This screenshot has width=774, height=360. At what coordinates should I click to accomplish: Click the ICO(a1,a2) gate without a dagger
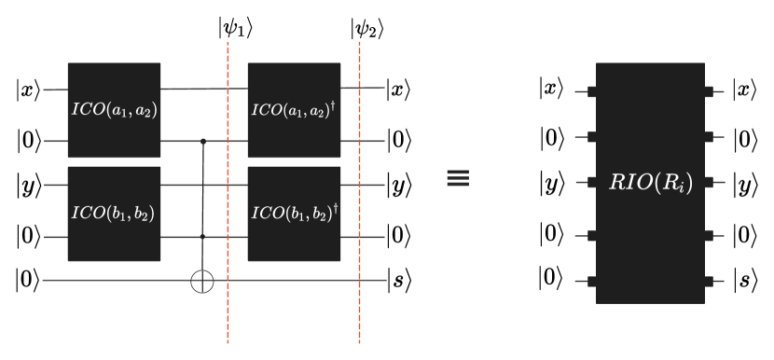pyautogui.click(x=114, y=110)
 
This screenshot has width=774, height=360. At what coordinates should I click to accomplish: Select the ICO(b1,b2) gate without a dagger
pyautogui.click(x=114, y=214)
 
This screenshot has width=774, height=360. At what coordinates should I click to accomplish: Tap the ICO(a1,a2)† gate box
pyautogui.click(x=294, y=110)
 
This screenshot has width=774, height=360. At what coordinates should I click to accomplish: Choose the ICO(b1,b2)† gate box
pyautogui.click(x=294, y=214)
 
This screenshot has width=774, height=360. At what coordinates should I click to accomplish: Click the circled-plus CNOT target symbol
pyautogui.click(x=202, y=281)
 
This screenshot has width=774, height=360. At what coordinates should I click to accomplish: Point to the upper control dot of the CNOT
pyautogui.click(x=203, y=142)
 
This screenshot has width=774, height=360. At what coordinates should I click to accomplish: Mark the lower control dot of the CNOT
pyautogui.click(x=203, y=237)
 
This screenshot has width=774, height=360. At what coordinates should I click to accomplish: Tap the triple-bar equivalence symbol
pyautogui.click(x=458, y=178)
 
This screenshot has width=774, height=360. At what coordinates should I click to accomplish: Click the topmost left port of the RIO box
pyautogui.click(x=591, y=91)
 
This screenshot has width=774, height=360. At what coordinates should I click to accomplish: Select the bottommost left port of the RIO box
pyautogui.click(x=591, y=281)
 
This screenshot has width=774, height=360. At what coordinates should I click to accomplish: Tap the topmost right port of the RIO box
pyautogui.click(x=710, y=91)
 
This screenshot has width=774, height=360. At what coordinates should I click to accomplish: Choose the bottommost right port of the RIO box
pyautogui.click(x=710, y=281)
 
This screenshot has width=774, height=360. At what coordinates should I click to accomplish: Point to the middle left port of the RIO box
pyautogui.click(x=591, y=183)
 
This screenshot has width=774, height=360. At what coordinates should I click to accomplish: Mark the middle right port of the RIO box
pyautogui.click(x=710, y=183)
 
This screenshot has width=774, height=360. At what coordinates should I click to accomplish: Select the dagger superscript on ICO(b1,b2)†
pyautogui.click(x=335, y=208)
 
